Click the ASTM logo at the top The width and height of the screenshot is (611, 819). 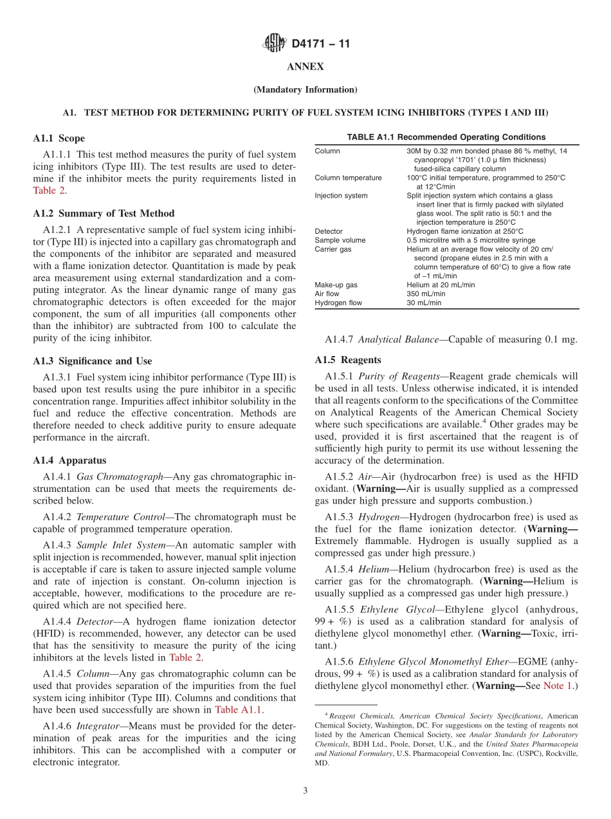point(275,44)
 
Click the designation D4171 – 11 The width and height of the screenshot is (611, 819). point(321,44)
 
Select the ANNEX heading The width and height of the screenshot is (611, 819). point(305,67)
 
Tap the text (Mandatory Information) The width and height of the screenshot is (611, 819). point(305,89)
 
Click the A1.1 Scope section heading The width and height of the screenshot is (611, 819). point(59,138)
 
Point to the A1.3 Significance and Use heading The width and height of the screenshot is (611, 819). point(93,361)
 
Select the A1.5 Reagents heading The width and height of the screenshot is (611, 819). point(347,360)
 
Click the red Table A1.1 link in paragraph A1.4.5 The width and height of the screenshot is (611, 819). point(238,710)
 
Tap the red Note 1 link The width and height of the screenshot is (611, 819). point(558,686)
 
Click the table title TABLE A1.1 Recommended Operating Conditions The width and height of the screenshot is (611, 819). point(446,137)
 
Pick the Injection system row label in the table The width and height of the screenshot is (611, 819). point(341,196)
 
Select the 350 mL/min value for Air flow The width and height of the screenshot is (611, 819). point(426,294)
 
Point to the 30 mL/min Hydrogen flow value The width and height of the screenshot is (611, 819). point(424,303)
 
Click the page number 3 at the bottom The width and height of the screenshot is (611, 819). point(305,791)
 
